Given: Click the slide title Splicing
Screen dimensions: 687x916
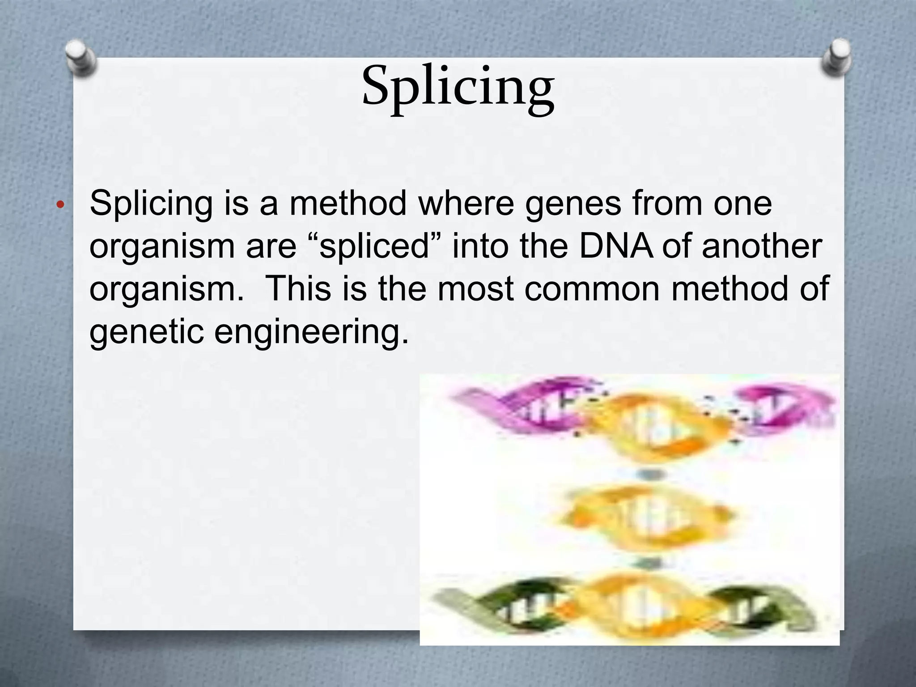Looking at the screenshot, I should [x=458, y=87].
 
